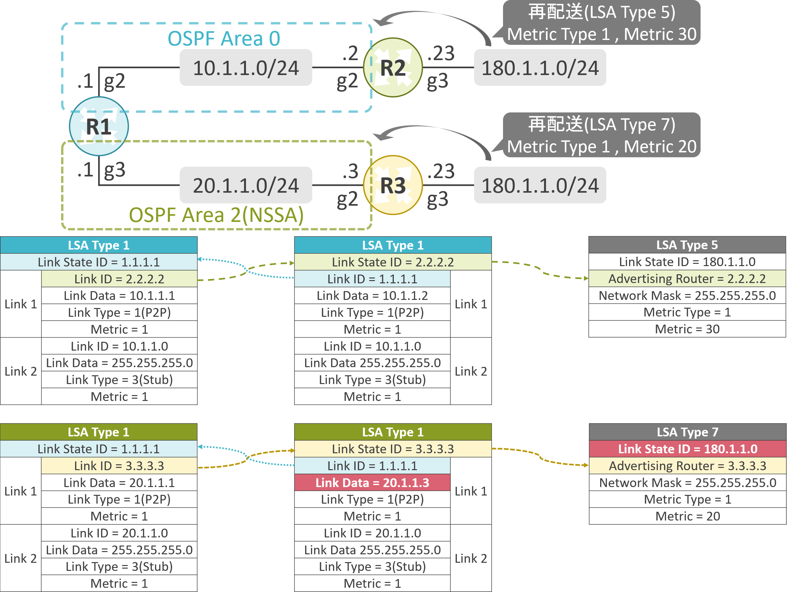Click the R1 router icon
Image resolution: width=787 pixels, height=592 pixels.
pyautogui.click(x=98, y=126)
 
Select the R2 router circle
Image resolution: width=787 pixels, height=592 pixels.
pyautogui.click(x=393, y=68)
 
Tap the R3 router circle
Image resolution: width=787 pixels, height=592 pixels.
pyautogui.click(x=393, y=185)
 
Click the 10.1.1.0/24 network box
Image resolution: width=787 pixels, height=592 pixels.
pyautogui.click(x=246, y=68)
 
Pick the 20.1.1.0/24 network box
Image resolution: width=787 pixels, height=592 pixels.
pyautogui.click(x=246, y=185)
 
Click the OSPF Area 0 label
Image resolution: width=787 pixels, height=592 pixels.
pyautogui.click(x=224, y=38)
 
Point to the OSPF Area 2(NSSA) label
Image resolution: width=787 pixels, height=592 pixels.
pyautogui.click(x=216, y=215)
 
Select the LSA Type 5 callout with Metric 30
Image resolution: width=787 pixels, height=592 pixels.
pyautogui.click(x=601, y=23)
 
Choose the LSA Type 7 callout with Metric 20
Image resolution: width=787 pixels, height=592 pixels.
pyautogui.click(x=601, y=135)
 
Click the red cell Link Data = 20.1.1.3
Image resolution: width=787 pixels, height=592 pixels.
pyautogui.click(x=372, y=483)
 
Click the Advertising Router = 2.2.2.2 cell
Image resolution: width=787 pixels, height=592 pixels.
pyautogui.click(x=687, y=278)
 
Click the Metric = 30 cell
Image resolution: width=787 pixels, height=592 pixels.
pyautogui.click(x=687, y=329)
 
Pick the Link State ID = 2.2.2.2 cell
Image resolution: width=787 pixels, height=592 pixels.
pyautogui.click(x=393, y=262)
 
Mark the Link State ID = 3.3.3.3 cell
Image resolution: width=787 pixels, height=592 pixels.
pyautogui.click(x=393, y=449)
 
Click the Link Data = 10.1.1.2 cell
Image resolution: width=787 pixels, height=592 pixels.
pyautogui.click(x=372, y=296)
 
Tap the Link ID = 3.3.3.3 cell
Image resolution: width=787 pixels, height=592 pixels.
pyautogui.click(x=119, y=466)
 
